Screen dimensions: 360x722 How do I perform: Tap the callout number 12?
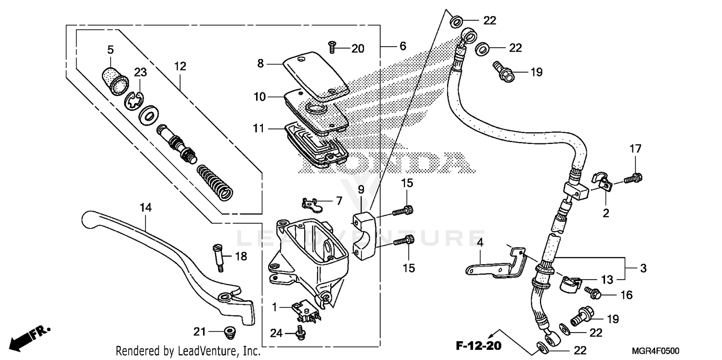pyautogui.click(x=180, y=66)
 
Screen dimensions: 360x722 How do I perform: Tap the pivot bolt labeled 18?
pyautogui.click(x=217, y=256)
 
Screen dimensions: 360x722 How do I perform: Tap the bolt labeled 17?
pyautogui.click(x=633, y=179)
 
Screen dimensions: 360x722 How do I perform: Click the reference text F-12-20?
pyautogui.click(x=479, y=346)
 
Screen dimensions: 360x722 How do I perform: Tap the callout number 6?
pyautogui.click(x=402, y=46)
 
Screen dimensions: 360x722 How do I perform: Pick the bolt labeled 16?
pyautogui.click(x=592, y=292)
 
